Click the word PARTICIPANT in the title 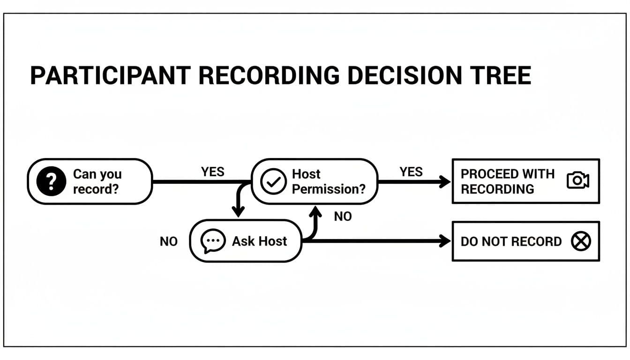(x=110, y=76)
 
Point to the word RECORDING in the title (x=268, y=76)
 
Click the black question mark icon (x=51, y=181)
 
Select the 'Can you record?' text (x=97, y=181)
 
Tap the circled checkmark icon (x=273, y=181)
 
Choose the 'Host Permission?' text (x=328, y=181)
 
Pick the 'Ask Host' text (x=259, y=241)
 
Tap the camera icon (x=577, y=180)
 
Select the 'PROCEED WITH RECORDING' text (x=507, y=181)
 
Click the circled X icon (x=581, y=241)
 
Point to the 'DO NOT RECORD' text (x=511, y=241)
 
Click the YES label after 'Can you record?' (x=212, y=172)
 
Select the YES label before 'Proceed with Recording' (x=411, y=172)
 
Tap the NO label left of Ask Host (x=169, y=241)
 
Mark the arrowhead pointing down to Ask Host (x=239, y=212)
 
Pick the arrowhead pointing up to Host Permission (x=317, y=212)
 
